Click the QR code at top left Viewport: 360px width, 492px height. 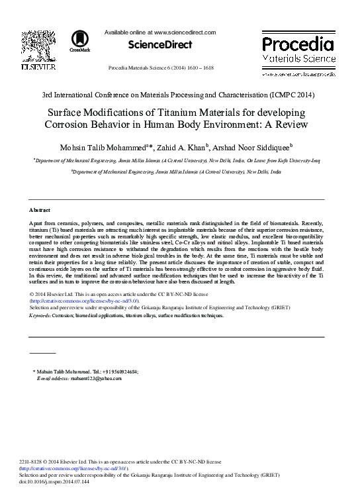pos(38,46)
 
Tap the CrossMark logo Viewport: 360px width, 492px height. pos(79,41)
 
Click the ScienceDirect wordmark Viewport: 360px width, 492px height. pos(160,45)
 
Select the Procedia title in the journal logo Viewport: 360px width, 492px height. pos(298,44)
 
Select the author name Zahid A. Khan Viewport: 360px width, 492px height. pos(185,146)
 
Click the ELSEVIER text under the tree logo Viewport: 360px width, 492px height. pos(38,68)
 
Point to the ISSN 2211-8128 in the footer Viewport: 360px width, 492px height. pos(33,461)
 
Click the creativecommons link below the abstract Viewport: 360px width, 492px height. pos(85,300)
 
